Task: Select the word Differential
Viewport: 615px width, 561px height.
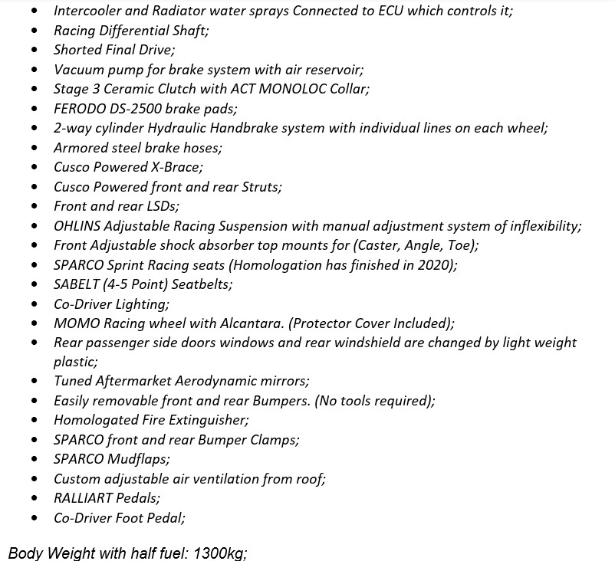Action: (x=139, y=31)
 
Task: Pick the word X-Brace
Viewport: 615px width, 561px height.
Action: (x=175, y=167)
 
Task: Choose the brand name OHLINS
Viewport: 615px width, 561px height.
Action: (x=76, y=226)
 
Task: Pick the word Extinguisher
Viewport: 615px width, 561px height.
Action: (x=210, y=421)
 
